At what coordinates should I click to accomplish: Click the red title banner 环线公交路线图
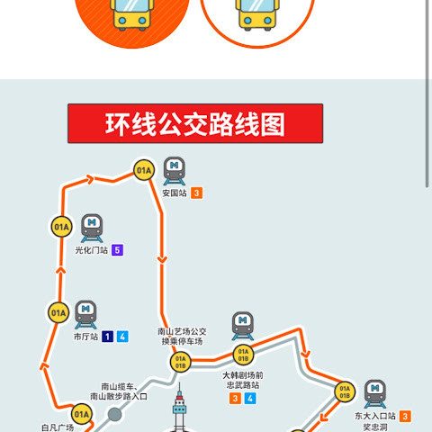pos(195,123)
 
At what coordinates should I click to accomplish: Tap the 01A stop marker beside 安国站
pos(144,170)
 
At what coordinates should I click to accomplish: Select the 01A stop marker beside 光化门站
pos(61,227)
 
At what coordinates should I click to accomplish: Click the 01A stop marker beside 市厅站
pos(58,313)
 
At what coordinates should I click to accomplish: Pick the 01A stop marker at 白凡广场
pos(82,414)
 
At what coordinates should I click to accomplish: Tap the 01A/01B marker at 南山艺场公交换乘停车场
pos(180,362)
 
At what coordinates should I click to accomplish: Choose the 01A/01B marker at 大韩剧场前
pos(243,355)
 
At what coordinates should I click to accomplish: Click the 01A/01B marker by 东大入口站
pos(345,391)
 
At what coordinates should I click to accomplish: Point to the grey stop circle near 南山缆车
pos(114,414)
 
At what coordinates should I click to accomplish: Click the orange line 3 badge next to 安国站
pos(197,193)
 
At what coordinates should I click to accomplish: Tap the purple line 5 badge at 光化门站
pos(117,250)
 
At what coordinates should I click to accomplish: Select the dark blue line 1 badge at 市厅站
pos(107,337)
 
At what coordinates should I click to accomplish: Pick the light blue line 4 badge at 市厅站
pos(122,337)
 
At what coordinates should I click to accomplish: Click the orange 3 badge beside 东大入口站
pos(405,416)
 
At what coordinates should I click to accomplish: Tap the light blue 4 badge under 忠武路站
pos(250,399)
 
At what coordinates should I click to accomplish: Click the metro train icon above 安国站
pos(175,171)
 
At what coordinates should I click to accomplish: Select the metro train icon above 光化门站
pos(92,229)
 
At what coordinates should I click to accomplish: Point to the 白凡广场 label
pos(58,427)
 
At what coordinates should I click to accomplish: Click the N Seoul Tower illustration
pos(179,408)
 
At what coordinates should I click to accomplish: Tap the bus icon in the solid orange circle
pos(132,15)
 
